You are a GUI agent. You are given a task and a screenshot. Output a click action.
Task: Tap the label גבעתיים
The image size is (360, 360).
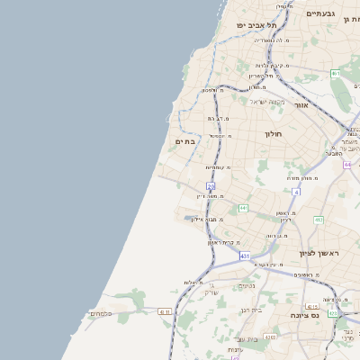coord(320,13)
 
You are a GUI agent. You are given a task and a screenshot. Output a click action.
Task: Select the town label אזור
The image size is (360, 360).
coord(301,105)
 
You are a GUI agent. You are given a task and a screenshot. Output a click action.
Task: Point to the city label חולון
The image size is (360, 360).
coord(274,134)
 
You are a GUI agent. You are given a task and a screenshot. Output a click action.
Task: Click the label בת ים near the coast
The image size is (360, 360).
coord(184,141)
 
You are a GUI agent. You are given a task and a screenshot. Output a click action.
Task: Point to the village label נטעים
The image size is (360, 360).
coord(246,286)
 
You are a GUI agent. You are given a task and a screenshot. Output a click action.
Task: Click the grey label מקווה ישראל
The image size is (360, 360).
coord(265,101)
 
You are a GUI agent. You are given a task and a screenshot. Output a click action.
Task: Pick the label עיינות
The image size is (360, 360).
coord(235,349)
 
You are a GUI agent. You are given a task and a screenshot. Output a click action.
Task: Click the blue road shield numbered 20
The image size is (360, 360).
coord(211,185)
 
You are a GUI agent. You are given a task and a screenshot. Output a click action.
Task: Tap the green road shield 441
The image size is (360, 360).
coord(243,208)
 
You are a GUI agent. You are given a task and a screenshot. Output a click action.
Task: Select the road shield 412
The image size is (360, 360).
coord(318,220)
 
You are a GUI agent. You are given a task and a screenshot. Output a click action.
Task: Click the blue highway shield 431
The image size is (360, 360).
coord(244,256)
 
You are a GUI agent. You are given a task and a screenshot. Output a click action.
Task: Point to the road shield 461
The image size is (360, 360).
coord(335,74)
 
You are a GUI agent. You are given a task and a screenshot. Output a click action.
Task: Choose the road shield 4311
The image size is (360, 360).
coord(165,311)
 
